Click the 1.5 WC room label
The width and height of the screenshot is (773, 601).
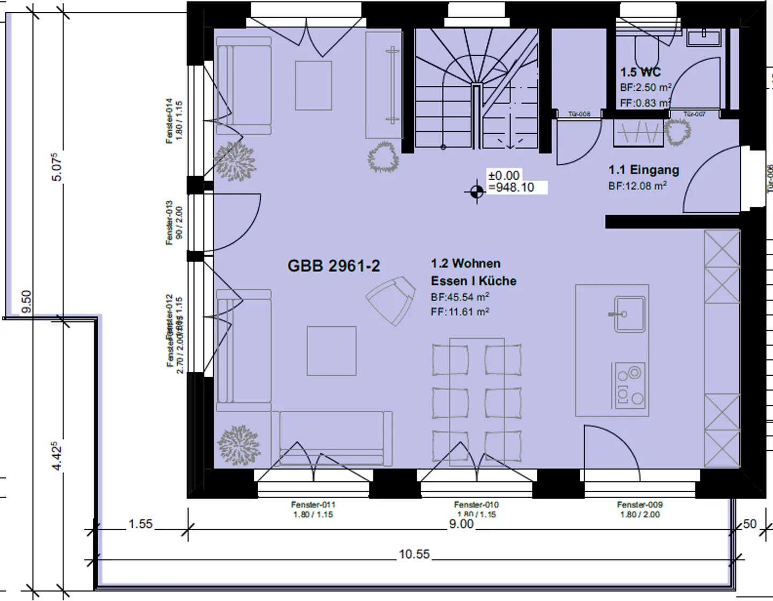coord(640,72)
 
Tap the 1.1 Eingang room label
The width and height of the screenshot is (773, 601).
coord(644,170)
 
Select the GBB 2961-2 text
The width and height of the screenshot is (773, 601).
coord(333,266)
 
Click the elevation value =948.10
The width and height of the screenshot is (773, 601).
coord(511,187)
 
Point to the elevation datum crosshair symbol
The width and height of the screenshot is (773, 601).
coord(477,192)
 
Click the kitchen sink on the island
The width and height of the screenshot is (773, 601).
coord(629,314)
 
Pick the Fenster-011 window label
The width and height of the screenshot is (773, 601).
coord(313,504)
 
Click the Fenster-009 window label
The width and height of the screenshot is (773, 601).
coord(639,504)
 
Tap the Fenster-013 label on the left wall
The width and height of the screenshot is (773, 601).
coord(170,223)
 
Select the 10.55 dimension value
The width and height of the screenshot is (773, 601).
coord(414,554)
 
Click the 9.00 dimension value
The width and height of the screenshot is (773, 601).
coord(461,524)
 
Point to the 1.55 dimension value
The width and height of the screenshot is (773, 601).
coord(141,524)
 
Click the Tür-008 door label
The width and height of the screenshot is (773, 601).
coord(579,114)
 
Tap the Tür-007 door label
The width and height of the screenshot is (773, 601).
coord(695,114)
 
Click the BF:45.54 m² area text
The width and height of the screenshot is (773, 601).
coord(460,297)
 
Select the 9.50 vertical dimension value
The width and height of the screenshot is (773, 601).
coord(26,302)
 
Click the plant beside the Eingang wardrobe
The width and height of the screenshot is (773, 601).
coord(677,131)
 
